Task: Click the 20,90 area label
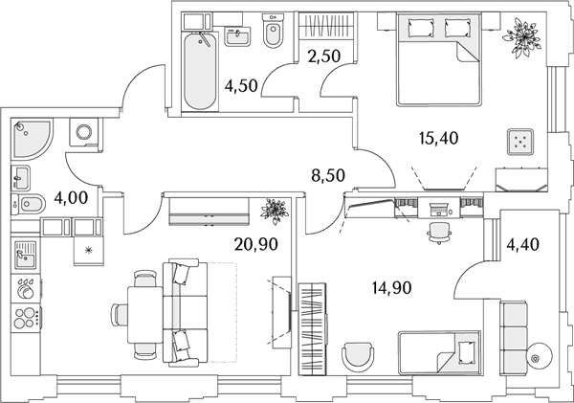point(255,244)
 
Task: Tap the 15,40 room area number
point(438,138)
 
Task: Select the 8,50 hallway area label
point(328,175)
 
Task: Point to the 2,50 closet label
point(324,56)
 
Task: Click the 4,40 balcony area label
point(522,244)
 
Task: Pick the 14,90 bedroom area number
point(391,287)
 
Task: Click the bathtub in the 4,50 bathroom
point(200,71)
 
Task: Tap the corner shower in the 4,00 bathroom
point(33,139)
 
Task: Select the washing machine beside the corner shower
point(84,131)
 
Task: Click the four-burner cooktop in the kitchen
point(27,318)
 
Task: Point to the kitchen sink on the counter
point(26,255)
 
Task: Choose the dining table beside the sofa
point(145,315)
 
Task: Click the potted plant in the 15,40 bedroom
point(521,37)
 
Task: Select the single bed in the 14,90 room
point(439,352)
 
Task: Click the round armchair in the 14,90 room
point(358,357)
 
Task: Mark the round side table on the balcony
point(540,357)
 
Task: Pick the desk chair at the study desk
point(439,233)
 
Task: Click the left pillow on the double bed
point(421,28)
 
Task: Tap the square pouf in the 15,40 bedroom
point(520,142)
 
